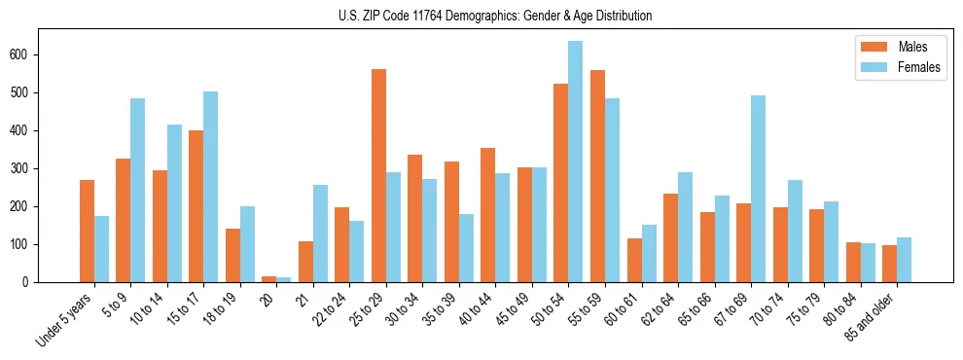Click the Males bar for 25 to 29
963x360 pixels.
(x=378, y=175)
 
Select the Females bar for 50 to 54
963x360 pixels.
(x=575, y=162)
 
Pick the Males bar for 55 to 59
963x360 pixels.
(x=597, y=176)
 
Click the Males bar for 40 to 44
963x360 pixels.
(x=487, y=215)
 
